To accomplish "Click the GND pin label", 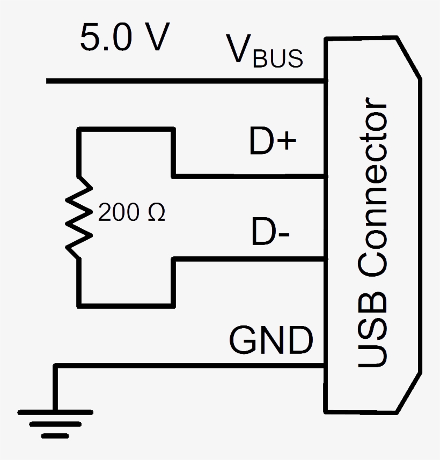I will coord(271,340).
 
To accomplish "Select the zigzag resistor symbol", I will coord(79,218).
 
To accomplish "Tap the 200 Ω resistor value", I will coord(132,214).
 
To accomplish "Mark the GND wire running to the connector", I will coord(188,366).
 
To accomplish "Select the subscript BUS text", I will coord(278,59).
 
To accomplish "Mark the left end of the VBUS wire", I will coord(48,81).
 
